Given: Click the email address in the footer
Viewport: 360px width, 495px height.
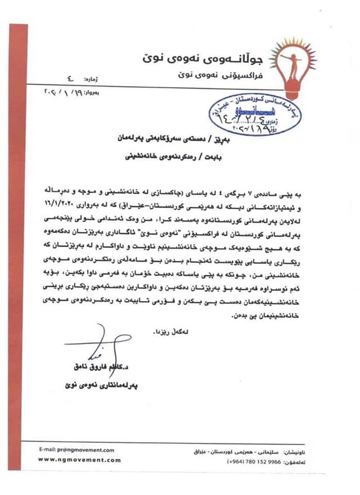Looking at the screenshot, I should click(x=76, y=450).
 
